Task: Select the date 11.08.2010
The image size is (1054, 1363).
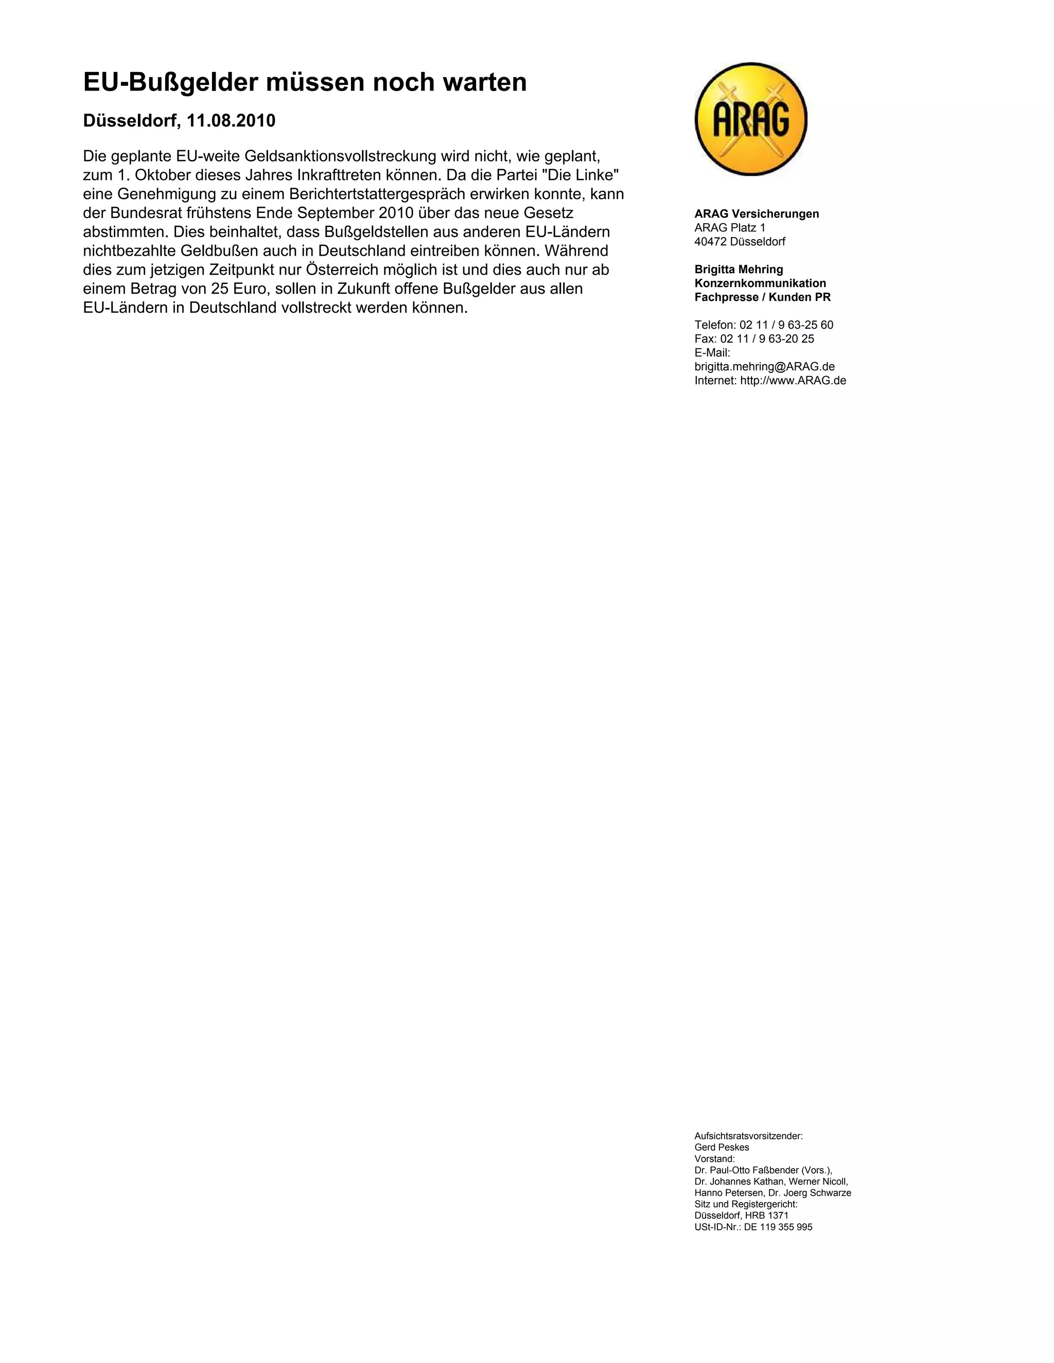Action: click(x=231, y=121)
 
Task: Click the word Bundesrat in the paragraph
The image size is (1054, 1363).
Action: click(x=147, y=213)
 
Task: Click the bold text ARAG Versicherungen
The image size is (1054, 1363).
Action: click(x=756, y=214)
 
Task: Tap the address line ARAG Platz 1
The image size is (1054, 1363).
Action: click(x=729, y=228)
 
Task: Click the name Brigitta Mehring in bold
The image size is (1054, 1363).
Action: click(x=738, y=270)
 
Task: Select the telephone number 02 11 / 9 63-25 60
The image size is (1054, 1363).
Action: click(x=786, y=325)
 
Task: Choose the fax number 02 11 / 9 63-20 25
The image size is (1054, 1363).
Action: click(x=767, y=339)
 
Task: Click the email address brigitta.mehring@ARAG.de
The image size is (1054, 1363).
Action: click(x=764, y=366)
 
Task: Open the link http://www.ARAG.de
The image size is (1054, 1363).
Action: click(x=793, y=381)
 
